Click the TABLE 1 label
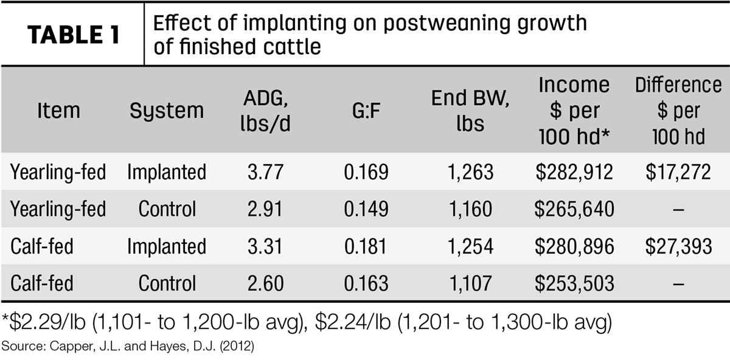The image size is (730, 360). tap(74, 35)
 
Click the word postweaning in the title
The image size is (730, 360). tap(445, 24)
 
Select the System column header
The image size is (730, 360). tap(167, 111)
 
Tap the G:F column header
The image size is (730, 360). tap(366, 110)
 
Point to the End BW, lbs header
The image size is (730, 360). tap(470, 110)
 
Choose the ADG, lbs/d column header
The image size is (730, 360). tap(265, 110)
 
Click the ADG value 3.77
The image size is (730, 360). tap(265, 171)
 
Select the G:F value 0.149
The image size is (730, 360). tap(366, 209)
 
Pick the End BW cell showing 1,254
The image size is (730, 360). tap(471, 246)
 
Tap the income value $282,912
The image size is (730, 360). tap(574, 171)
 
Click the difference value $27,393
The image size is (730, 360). tap(678, 246)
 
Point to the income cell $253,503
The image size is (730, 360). tap(574, 283)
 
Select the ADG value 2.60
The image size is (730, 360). tap(265, 283)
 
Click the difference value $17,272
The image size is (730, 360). tap(678, 171)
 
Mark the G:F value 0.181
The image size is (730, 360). tap(366, 246)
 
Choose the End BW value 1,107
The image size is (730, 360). tap(470, 283)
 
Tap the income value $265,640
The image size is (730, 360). tap(574, 209)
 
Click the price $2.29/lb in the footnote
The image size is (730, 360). tap(47, 322)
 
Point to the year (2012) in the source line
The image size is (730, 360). tap(237, 346)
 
